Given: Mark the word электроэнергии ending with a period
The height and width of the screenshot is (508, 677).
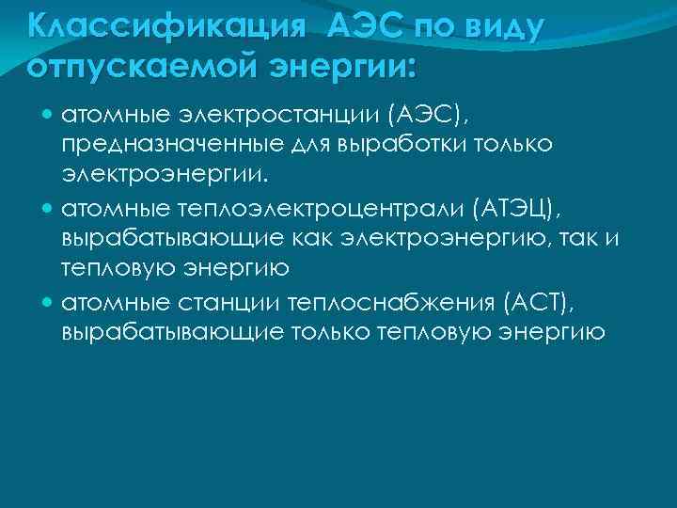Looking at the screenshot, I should coord(162,174).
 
